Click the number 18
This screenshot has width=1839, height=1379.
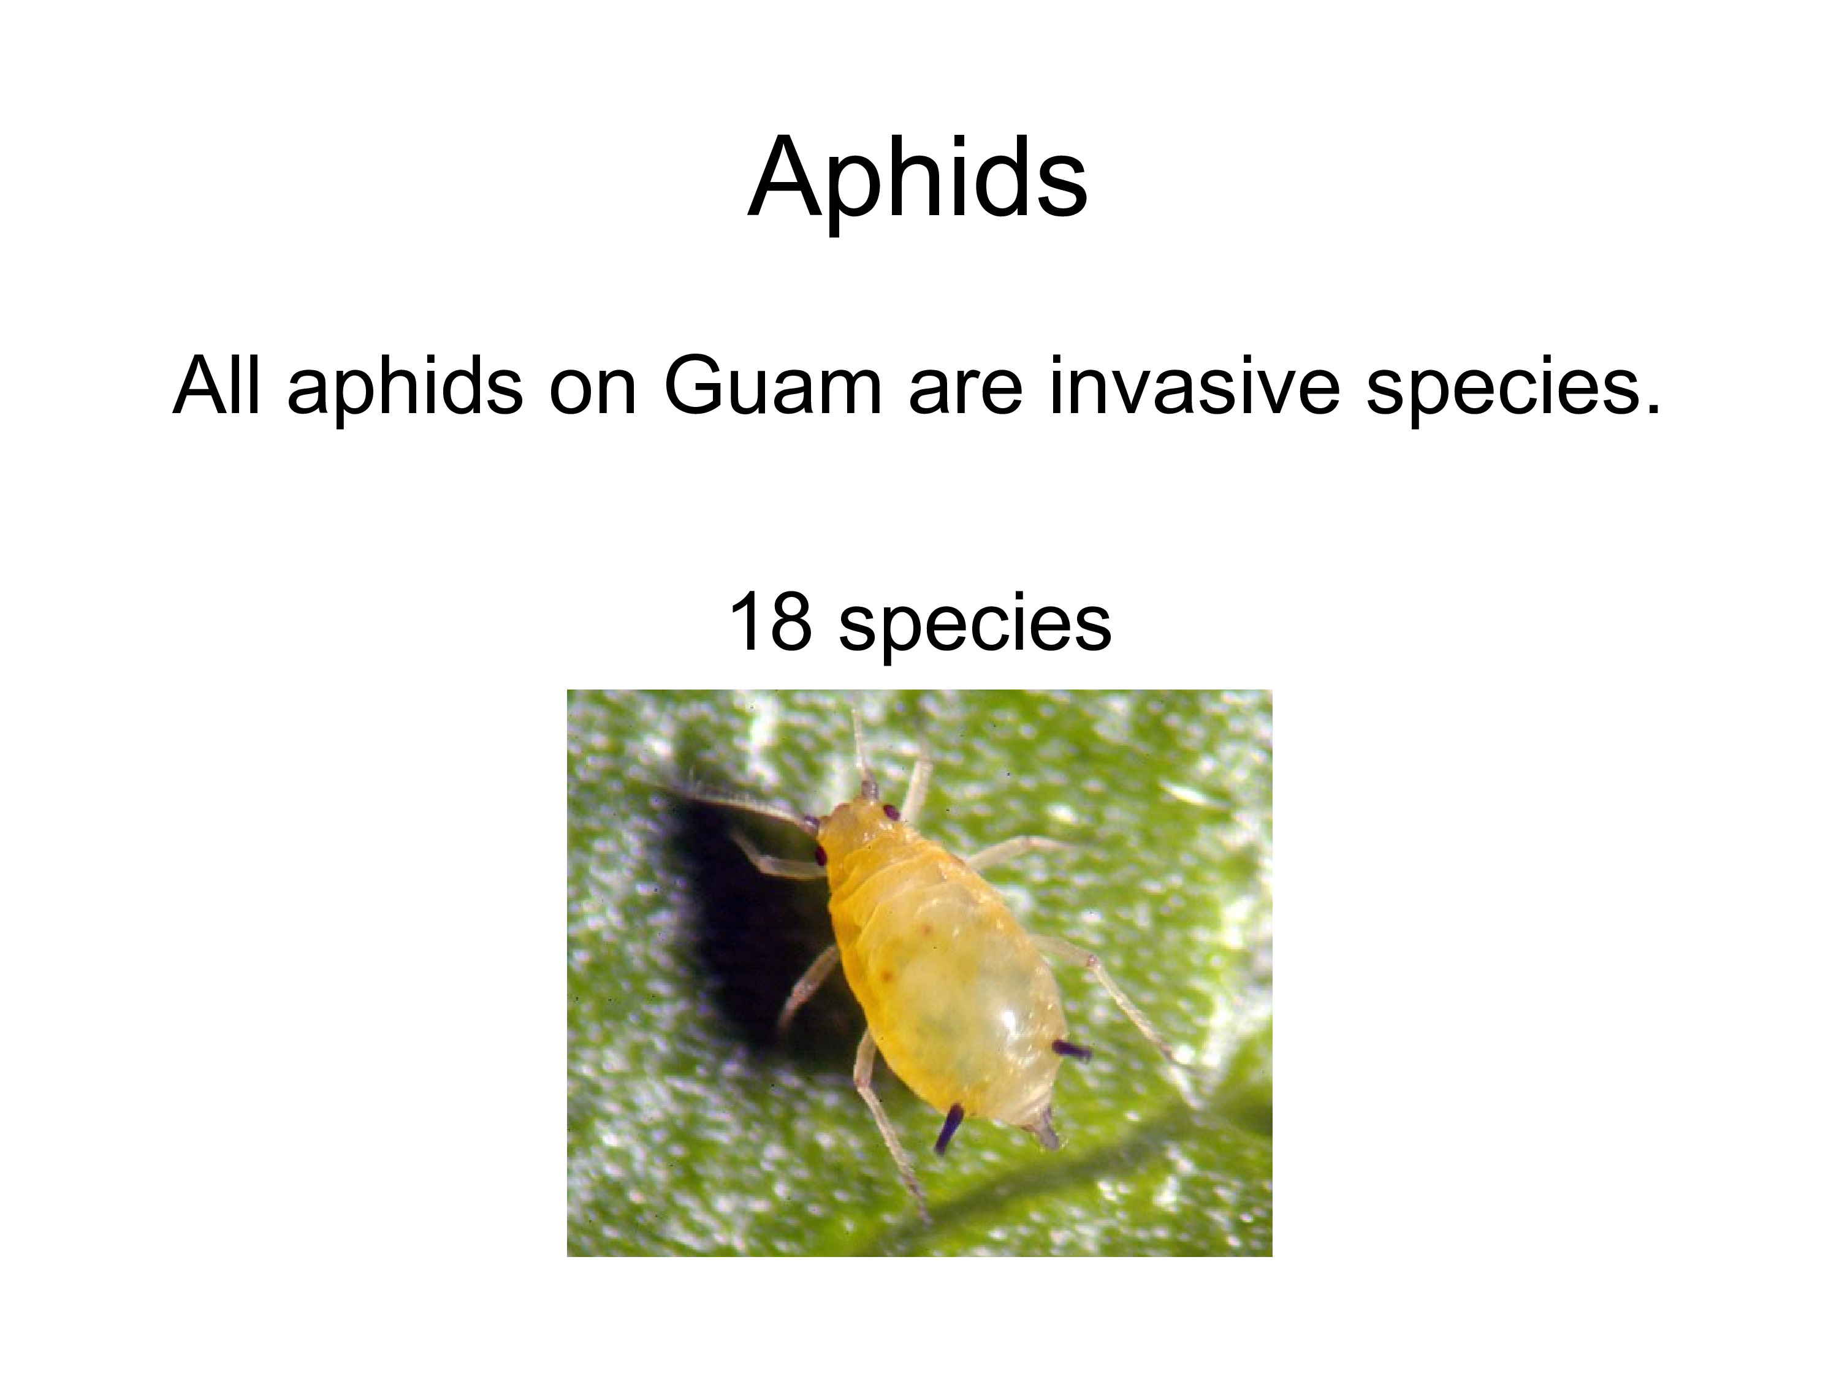770,623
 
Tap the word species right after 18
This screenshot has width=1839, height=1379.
975,629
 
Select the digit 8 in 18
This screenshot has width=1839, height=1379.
790,623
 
